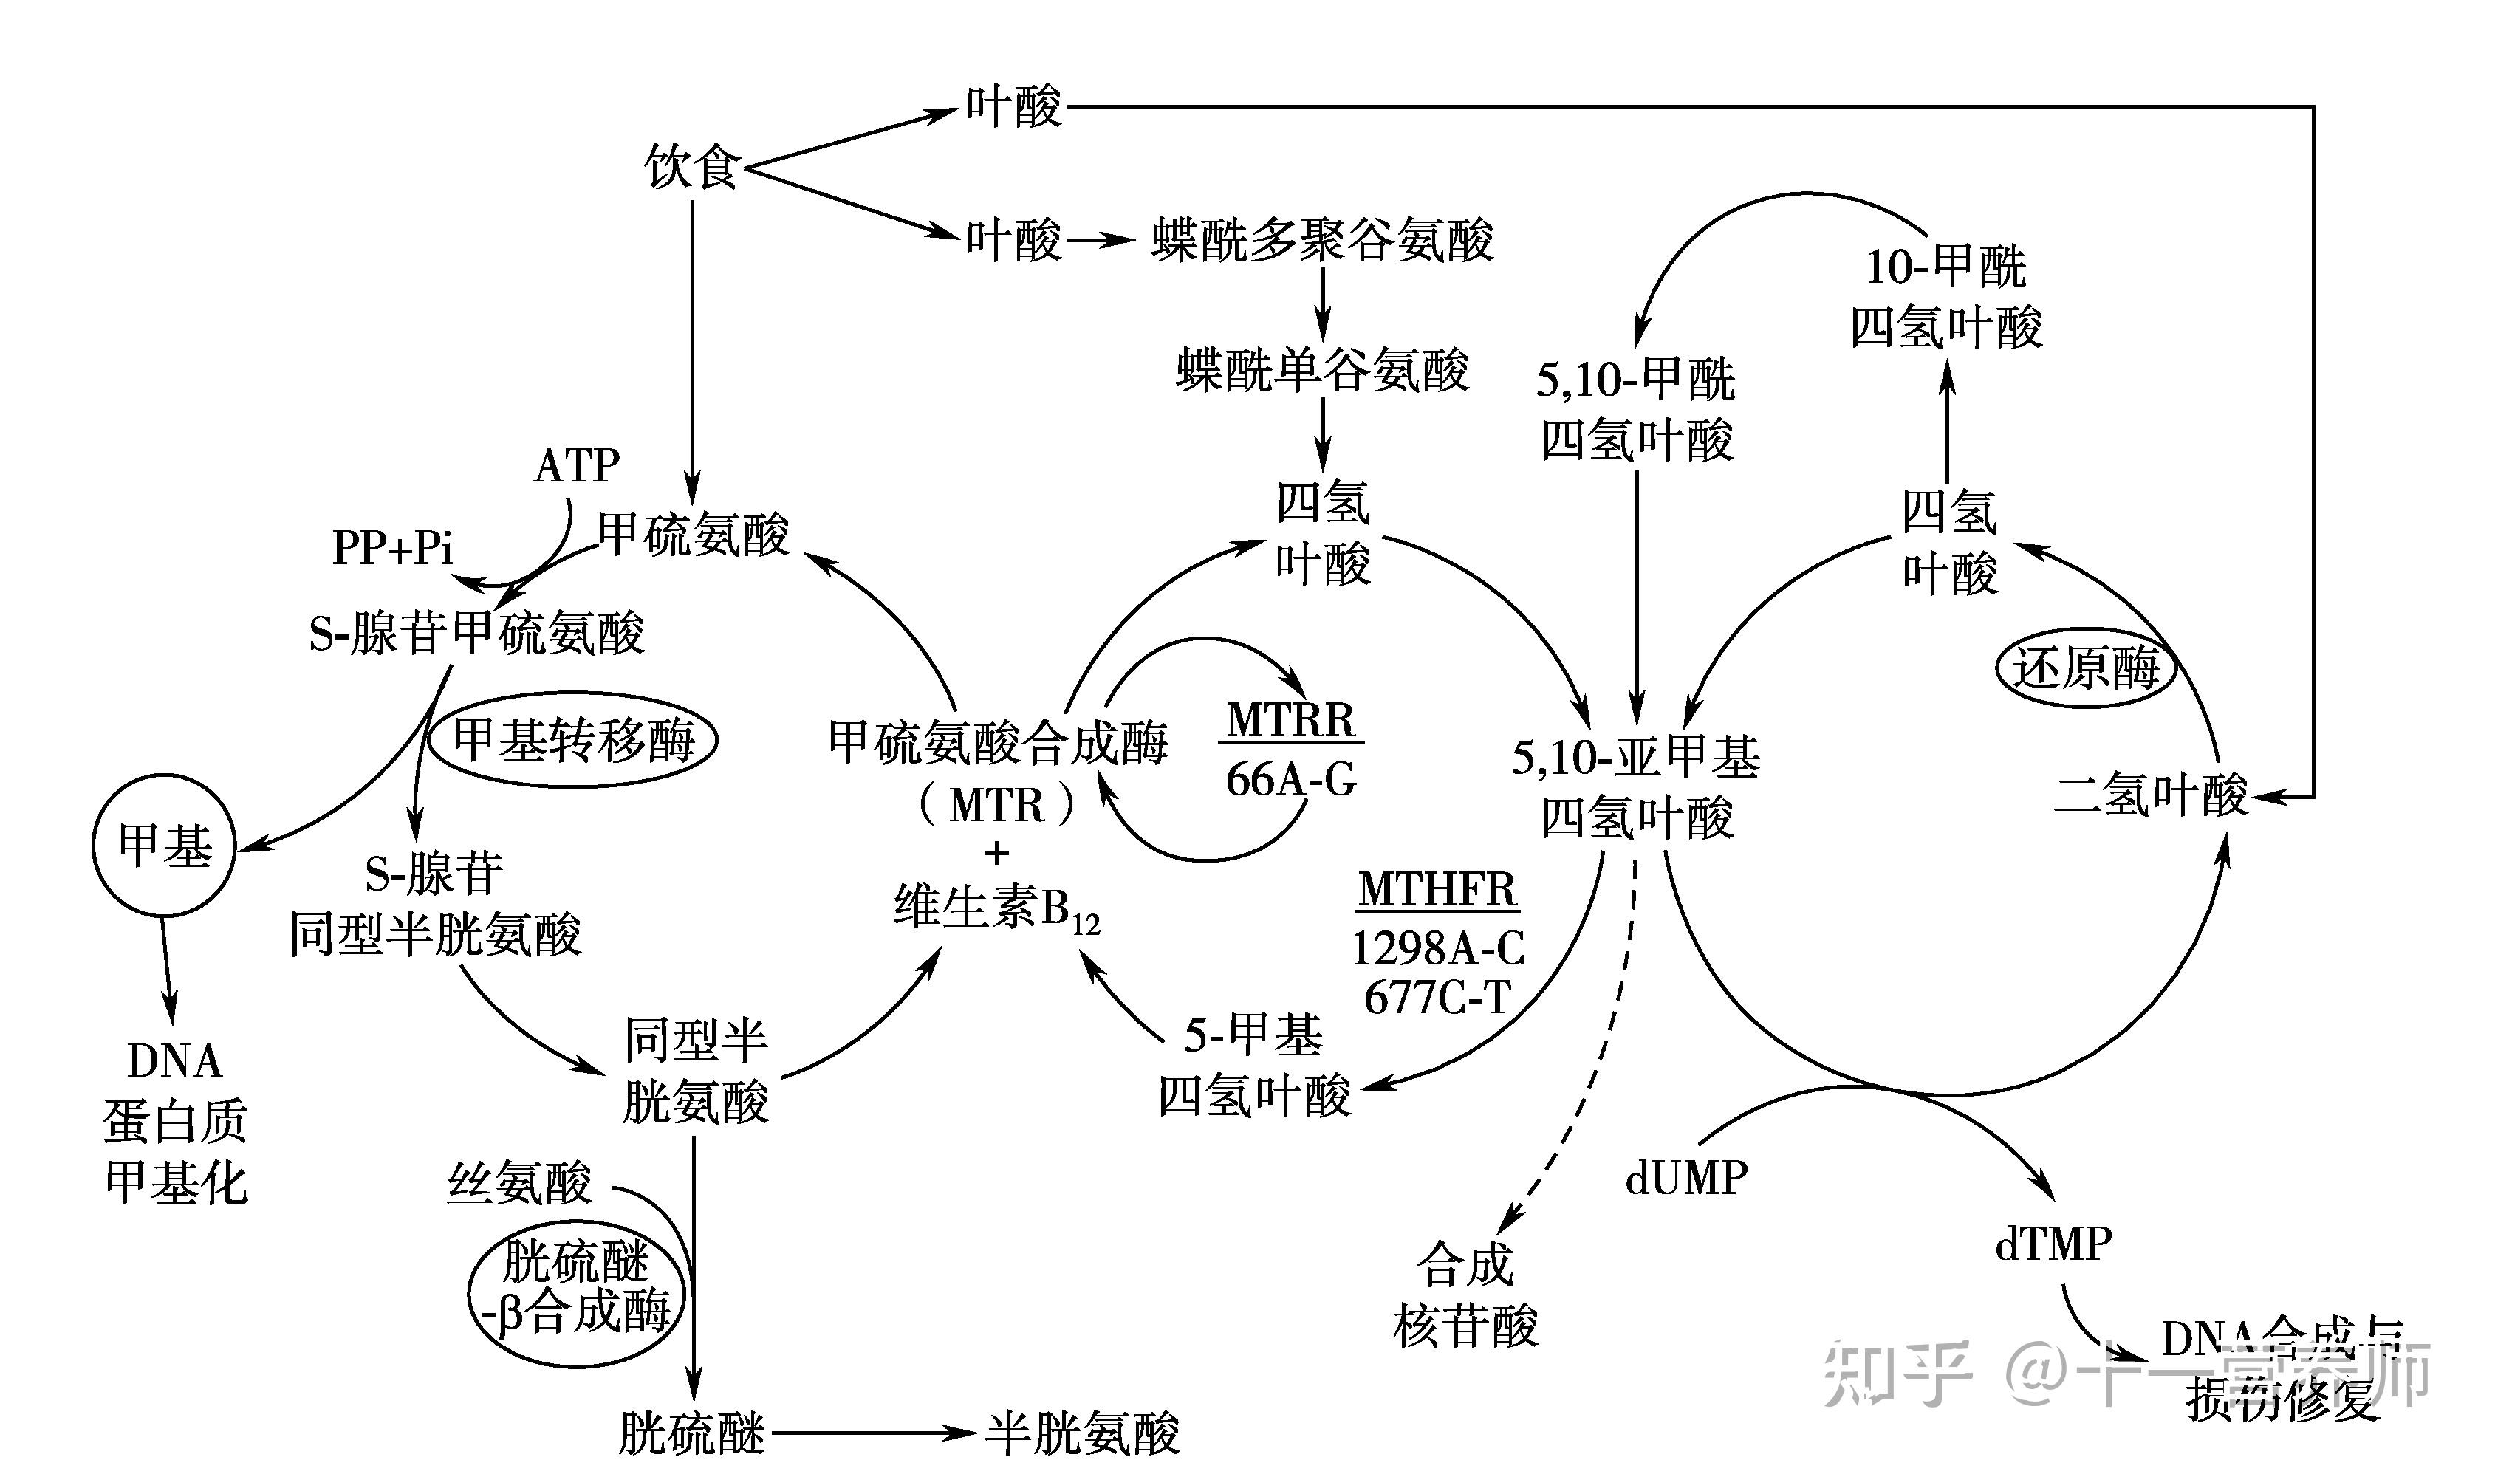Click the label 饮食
click(691, 166)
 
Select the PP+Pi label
click(392, 547)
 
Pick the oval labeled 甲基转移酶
click(573, 739)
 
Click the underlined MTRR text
click(1290, 720)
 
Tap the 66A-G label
click(1290, 781)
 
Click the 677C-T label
click(1437, 997)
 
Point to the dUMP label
click(1686, 1178)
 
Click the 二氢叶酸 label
click(2150, 795)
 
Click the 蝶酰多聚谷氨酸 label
click(1322, 240)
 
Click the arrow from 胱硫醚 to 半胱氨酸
click(874, 1433)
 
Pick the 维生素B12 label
click(996, 908)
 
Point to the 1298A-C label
click(1437, 948)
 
